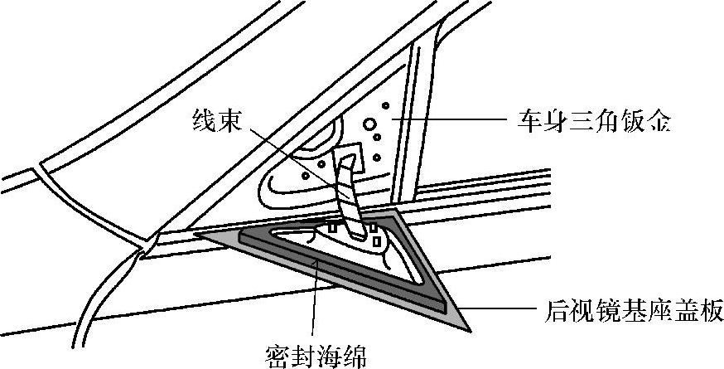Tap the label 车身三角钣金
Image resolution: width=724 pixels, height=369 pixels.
coord(591,124)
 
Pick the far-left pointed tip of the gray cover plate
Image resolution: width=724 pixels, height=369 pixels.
coord(197,234)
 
